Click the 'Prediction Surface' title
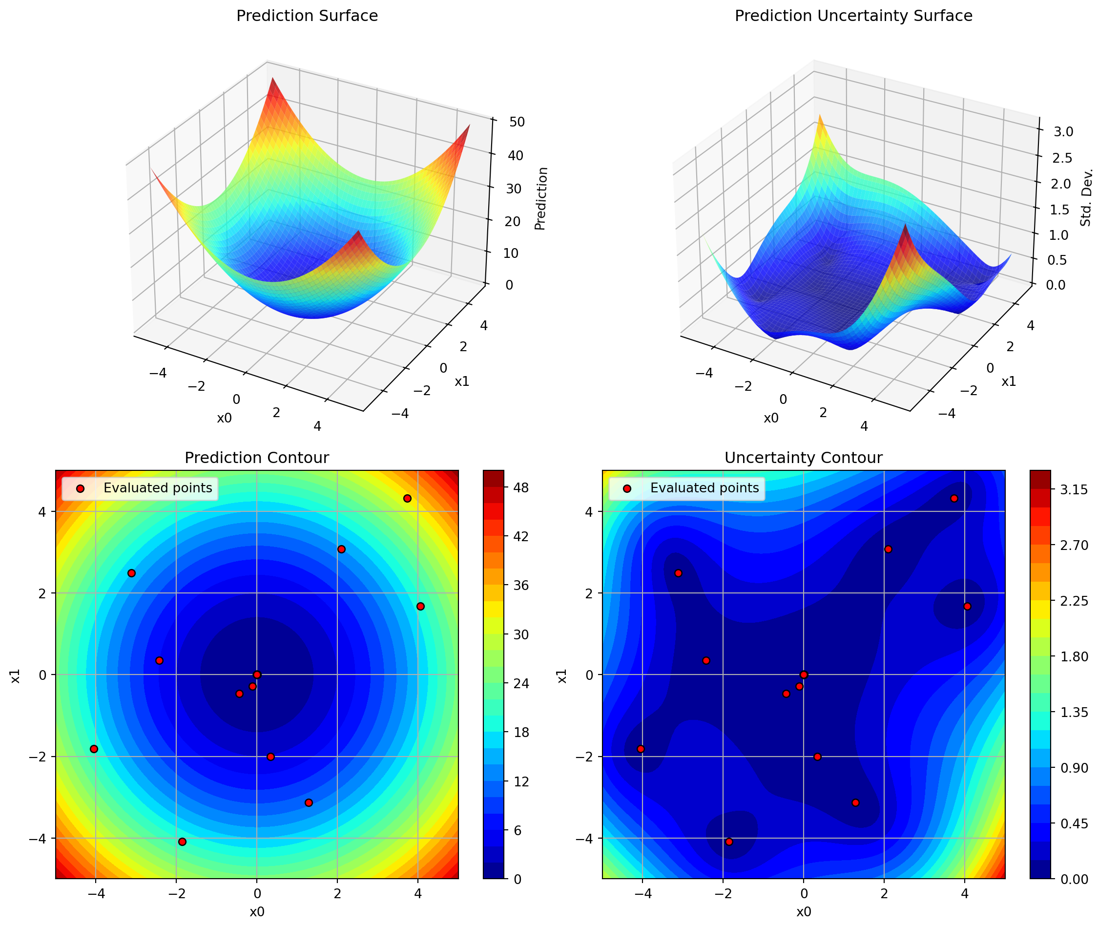pyautogui.click(x=307, y=16)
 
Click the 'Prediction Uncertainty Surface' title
pyautogui.click(x=853, y=16)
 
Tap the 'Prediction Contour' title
pyautogui.click(x=257, y=458)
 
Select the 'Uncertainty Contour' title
pyautogui.click(x=803, y=458)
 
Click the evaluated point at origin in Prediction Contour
pyautogui.click(x=257, y=675)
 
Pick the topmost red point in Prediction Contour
pyautogui.click(x=407, y=498)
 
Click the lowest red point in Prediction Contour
pyautogui.click(x=182, y=842)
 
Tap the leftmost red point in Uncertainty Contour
pyautogui.click(x=641, y=749)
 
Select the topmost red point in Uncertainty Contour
pyautogui.click(x=954, y=498)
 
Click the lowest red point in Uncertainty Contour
pyautogui.click(x=729, y=842)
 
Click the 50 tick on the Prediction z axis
pyautogui.click(x=517, y=122)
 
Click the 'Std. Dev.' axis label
pyautogui.click(x=1086, y=197)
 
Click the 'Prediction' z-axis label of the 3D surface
pyautogui.click(x=541, y=198)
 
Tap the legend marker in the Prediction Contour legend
pyautogui.click(x=80, y=489)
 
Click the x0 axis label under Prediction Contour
pyautogui.click(x=257, y=912)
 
